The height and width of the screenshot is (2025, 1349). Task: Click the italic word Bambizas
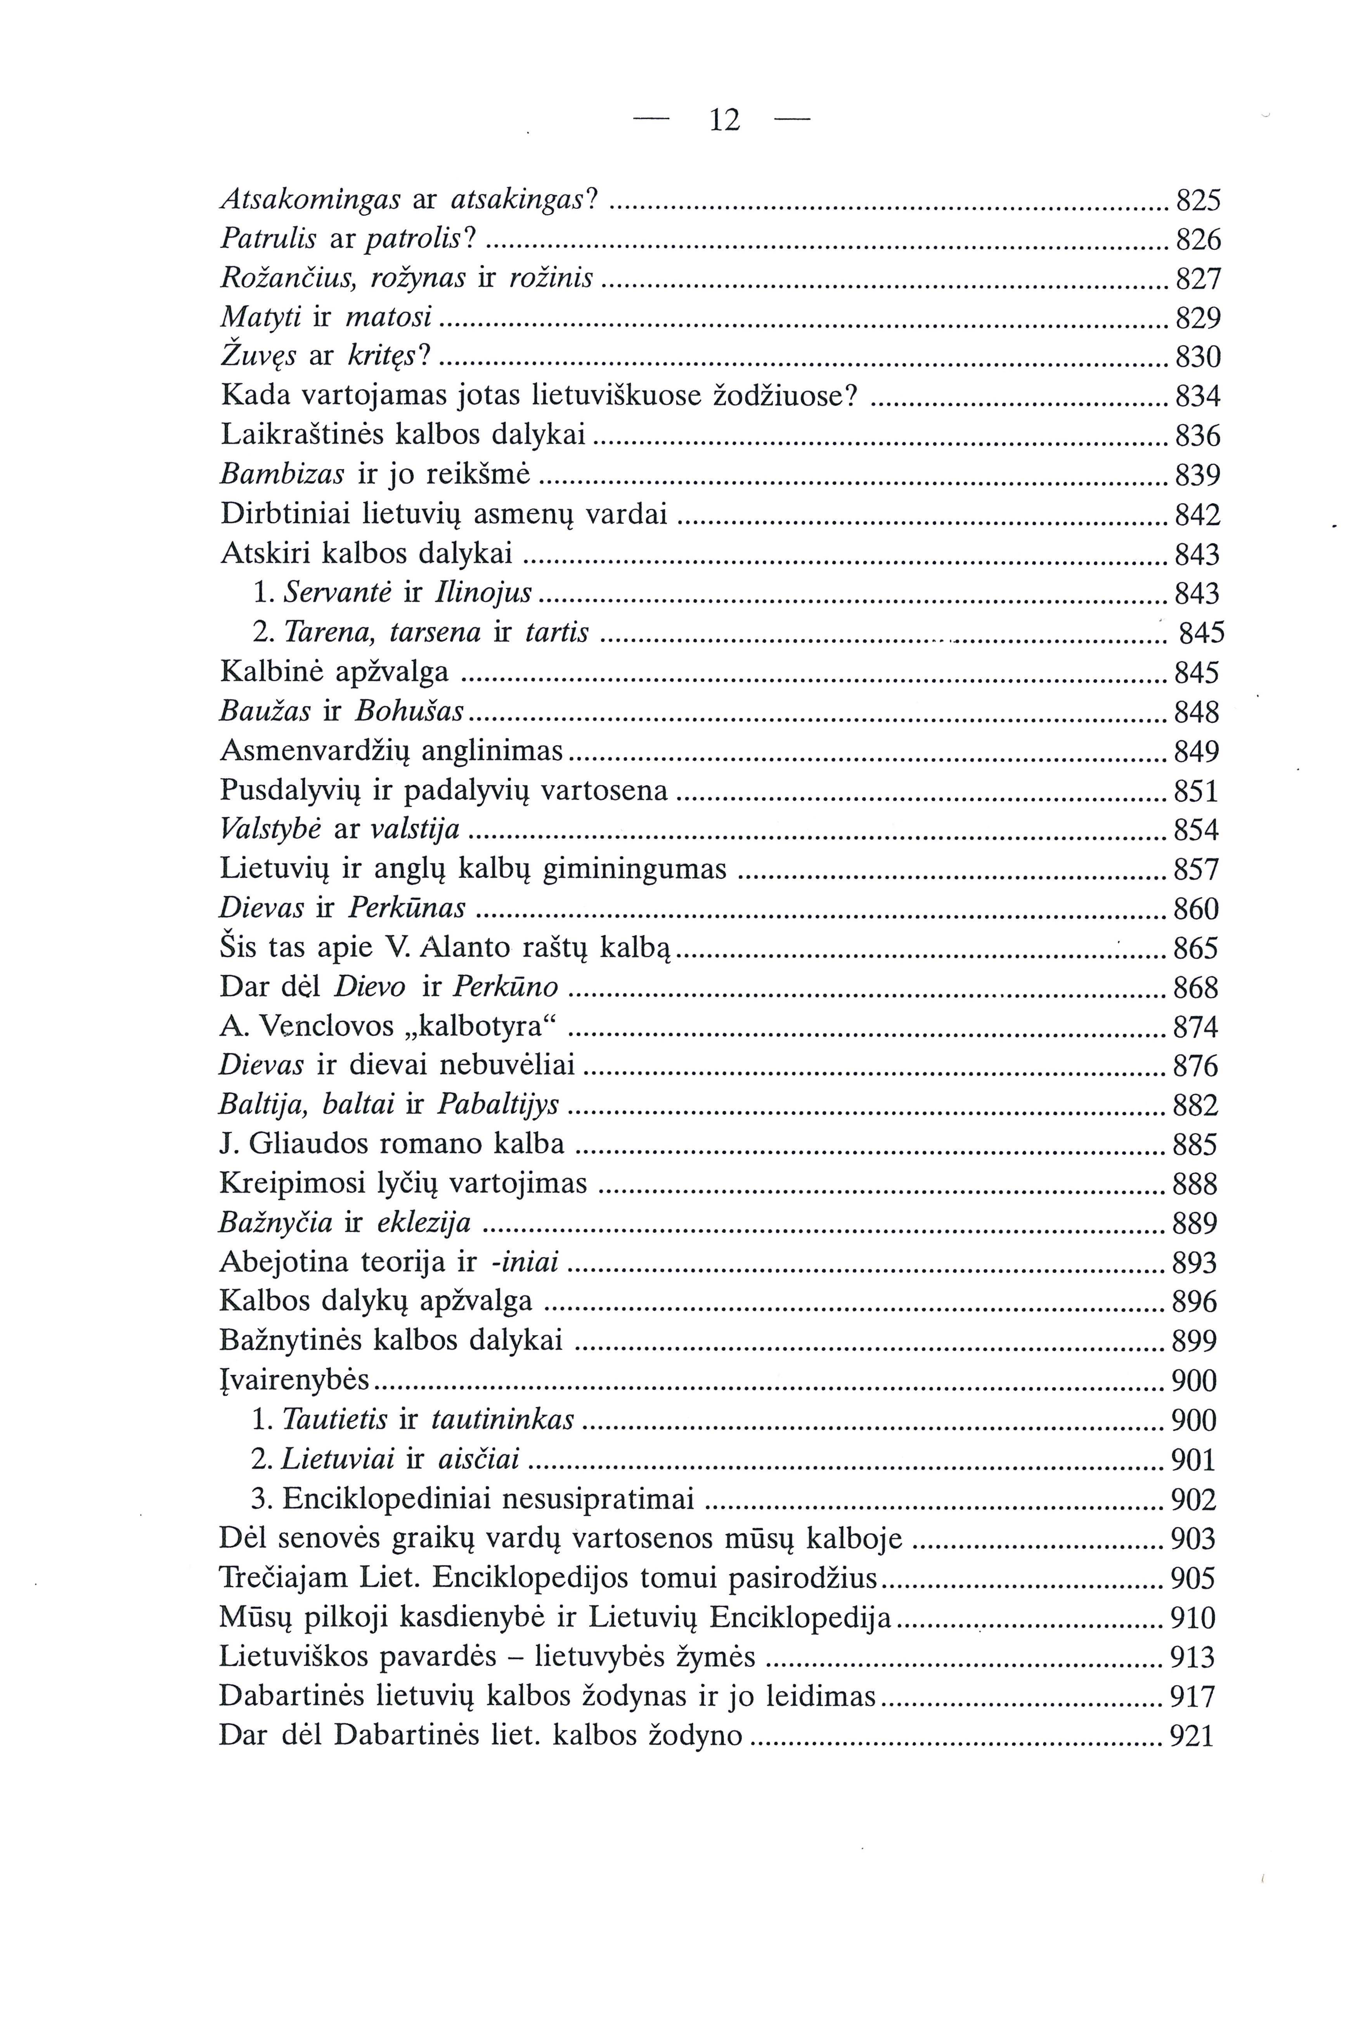point(282,474)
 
